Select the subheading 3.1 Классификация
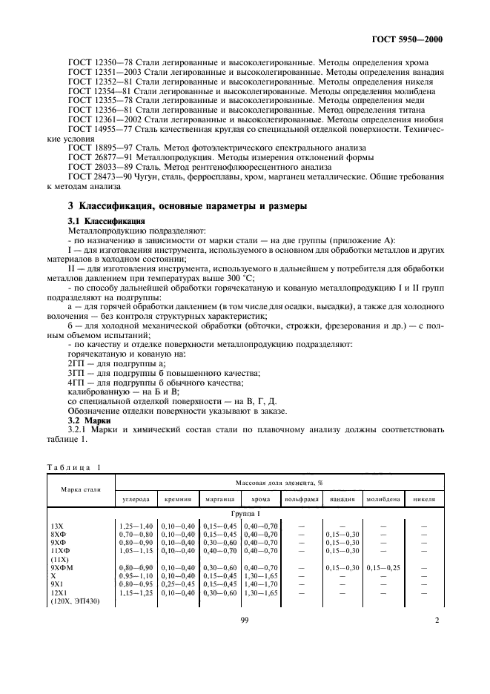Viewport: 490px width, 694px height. coord(101,221)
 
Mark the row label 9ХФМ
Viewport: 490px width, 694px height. coord(62,567)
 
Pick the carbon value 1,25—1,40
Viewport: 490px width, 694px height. coord(136,526)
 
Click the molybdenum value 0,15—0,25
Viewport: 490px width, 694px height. coord(384,567)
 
